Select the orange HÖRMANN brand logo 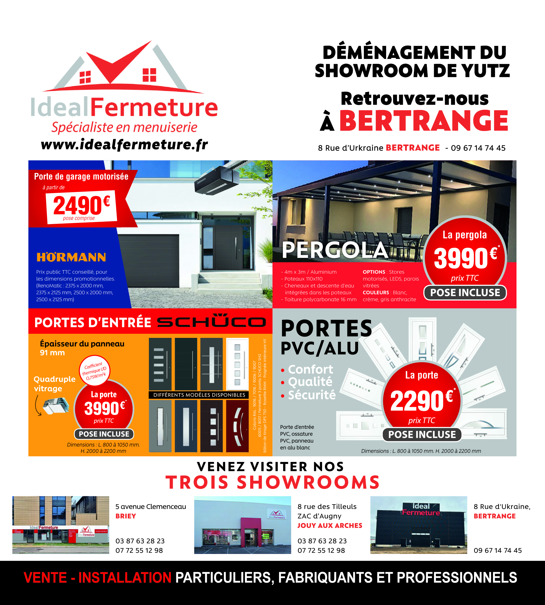tap(71, 257)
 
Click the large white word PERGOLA tap(335, 250)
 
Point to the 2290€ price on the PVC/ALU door tap(422, 401)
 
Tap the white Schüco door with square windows tap(238, 364)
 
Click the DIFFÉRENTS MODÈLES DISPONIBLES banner tap(199, 395)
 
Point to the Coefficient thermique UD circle tap(95, 371)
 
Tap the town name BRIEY tap(126, 516)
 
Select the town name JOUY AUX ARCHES tap(330, 525)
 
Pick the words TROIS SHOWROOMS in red tap(273, 482)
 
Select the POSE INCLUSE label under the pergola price tap(465, 293)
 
